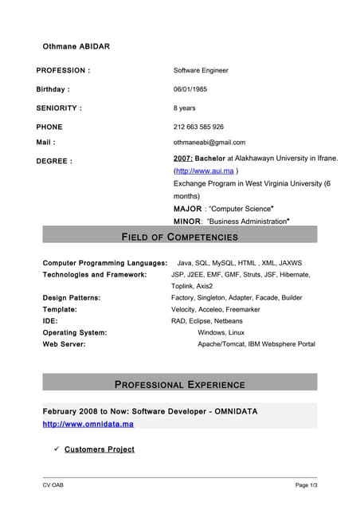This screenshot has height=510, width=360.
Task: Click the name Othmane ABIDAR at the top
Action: point(76,46)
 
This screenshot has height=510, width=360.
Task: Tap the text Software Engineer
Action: point(201,70)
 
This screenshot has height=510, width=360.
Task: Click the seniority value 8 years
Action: point(184,108)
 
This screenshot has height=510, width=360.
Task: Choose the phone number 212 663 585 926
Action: point(198,127)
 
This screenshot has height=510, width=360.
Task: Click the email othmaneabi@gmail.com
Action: point(209,143)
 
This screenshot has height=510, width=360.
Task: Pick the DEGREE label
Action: point(54,161)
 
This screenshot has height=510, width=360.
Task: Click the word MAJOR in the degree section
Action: point(187,209)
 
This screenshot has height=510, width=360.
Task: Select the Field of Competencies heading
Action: point(179,237)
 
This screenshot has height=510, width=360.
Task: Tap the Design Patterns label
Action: point(71,297)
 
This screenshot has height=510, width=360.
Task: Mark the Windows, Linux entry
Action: point(221,332)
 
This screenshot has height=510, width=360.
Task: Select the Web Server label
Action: point(64,344)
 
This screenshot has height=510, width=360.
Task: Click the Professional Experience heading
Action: point(179,384)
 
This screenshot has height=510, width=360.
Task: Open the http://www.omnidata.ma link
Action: point(88,424)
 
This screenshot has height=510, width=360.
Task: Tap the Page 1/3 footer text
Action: point(306,485)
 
